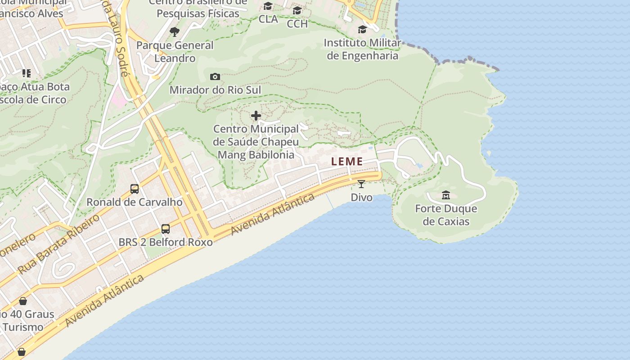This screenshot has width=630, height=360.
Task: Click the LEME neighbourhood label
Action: click(347, 162)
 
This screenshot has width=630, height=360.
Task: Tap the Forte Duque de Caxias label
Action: click(446, 215)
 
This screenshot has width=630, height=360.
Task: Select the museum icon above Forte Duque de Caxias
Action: click(446, 195)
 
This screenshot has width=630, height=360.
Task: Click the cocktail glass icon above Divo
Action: click(361, 184)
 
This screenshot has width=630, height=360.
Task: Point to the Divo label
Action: click(362, 197)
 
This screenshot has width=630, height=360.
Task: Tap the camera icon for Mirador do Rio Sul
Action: click(215, 76)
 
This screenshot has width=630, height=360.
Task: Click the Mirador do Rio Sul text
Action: click(215, 90)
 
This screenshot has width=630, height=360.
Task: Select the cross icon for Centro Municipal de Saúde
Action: click(256, 116)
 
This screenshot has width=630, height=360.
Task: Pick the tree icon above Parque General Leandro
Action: click(175, 31)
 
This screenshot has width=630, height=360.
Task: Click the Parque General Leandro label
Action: click(175, 52)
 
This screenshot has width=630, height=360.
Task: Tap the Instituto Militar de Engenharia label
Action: click(362, 49)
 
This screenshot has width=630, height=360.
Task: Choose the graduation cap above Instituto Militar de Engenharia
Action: click(362, 30)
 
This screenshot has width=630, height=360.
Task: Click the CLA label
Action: click(268, 19)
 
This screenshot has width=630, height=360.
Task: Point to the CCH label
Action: click(297, 23)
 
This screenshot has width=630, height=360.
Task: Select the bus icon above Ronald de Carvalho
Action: click(134, 189)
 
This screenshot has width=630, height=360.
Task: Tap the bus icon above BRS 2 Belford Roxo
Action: click(166, 229)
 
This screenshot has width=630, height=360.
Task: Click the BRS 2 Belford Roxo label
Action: click(166, 242)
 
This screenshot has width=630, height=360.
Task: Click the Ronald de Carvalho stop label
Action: click(135, 202)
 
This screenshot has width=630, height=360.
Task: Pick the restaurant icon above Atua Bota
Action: click(27, 73)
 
